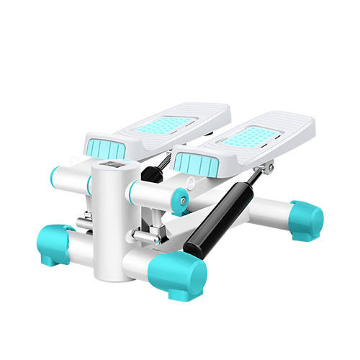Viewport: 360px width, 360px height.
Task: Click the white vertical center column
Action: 108,223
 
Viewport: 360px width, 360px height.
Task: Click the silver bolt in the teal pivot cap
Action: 183,199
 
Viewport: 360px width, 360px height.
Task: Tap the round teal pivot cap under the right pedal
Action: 180,199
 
